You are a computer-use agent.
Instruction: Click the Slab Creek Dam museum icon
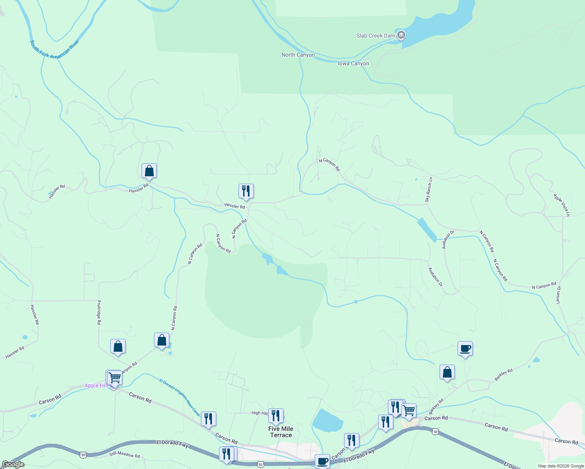pos(401,36)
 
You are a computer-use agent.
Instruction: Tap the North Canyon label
pos(298,55)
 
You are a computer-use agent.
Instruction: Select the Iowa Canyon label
pos(353,64)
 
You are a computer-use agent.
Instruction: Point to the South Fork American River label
pos(55,49)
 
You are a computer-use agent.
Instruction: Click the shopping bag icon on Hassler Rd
pos(149,171)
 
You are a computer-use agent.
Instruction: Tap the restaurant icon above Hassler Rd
pos(246,191)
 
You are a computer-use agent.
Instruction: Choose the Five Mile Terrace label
pos(281,432)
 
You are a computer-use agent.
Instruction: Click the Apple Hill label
pos(96,386)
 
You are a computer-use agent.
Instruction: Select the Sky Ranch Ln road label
pos(429,190)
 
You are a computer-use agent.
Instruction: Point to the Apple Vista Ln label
pos(562,205)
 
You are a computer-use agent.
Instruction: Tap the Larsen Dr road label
pos(559,295)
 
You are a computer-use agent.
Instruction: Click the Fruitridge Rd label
pos(99,312)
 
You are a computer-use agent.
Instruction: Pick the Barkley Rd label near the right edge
pos(503,375)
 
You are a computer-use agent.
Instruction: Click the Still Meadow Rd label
pos(124,455)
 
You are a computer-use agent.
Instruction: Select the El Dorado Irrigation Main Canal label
pos(180,397)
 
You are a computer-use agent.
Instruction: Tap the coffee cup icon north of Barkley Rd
pos(465,348)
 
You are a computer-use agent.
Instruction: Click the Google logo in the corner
pos(13,464)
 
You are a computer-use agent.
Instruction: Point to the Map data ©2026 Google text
pos(560,466)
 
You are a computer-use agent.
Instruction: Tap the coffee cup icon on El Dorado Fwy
pos(322,461)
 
